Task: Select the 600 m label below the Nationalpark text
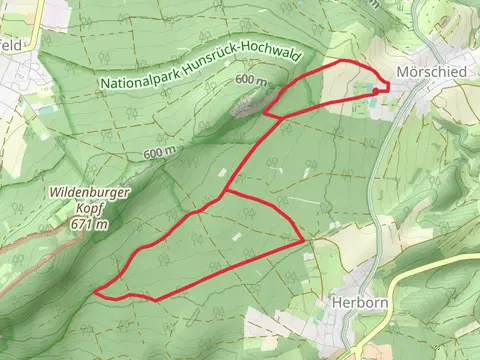point(159,152)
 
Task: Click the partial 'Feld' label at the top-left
point(11,45)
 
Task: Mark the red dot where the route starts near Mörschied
point(377,91)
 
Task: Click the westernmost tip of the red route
point(96,292)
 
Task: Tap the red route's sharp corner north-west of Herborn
point(302,240)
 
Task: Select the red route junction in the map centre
point(226,190)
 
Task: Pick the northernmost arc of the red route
point(345,62)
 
